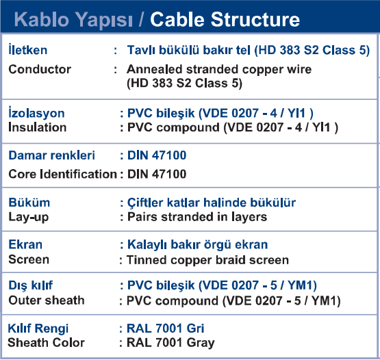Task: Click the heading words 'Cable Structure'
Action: click(x=225, y=19)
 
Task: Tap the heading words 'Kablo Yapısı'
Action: click(x=73, y=21)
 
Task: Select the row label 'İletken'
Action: click(x=28, y=49)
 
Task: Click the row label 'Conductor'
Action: click(x=40, y=69)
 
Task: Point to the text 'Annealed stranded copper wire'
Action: click(x=219, y=70)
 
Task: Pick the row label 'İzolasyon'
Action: click(x=36, y=112)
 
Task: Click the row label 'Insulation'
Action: click(x=38, y=127)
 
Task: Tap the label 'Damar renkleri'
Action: click(x=51, y=155)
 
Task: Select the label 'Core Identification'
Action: click(x=63, y=174)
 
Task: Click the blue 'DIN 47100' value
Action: click(x=157, y=155)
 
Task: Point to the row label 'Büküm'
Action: click(x=29, y=203)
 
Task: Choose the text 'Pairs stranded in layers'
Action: click(x=197, y=217)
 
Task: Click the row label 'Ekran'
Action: click(x=25, y=244)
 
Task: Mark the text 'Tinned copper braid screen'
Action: click(x=207, y=260)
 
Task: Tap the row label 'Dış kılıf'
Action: click(x=31, y=285)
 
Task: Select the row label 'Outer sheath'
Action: click(x=47, y=300)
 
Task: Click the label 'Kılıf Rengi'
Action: click(x=38, y=329)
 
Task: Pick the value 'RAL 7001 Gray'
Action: click(x=170, y=344)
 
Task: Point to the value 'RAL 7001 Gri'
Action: click(x=166, y=329)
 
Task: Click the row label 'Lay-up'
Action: click(x=29, y=218)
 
